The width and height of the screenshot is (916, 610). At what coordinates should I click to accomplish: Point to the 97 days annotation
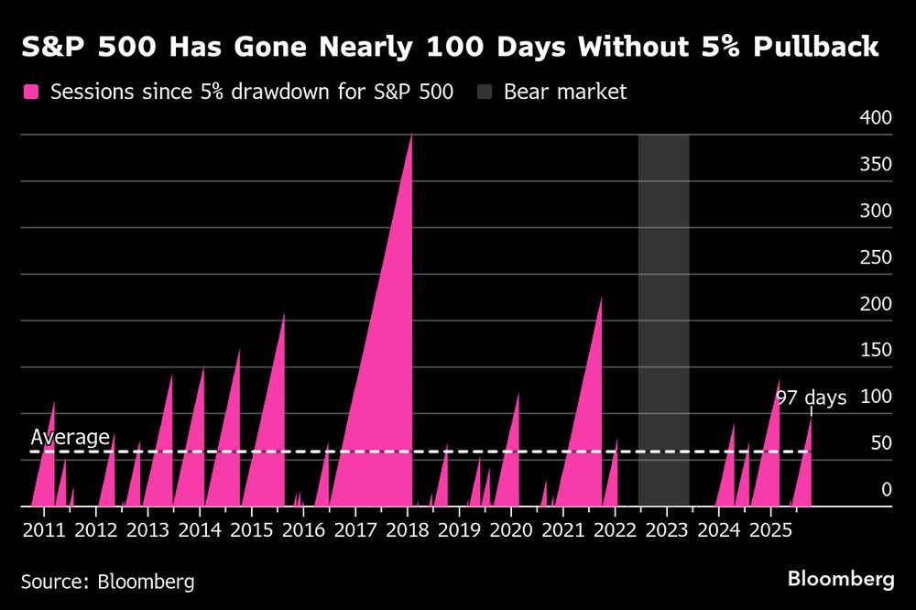pos(811,398)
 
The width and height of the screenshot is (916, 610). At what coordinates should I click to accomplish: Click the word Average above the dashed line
pos(70,438)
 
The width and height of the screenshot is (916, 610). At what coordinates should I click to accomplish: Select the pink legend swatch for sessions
pos(31,92)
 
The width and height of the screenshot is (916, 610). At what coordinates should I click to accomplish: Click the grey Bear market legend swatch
pos(484,92)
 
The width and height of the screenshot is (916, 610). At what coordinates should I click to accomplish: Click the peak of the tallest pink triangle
pos(410,136)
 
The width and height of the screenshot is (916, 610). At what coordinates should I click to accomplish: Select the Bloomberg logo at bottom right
pos(841,579)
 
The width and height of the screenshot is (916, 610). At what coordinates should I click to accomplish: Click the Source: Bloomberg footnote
pos(107,582)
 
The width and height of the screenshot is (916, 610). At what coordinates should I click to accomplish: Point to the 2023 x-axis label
pos(667,529)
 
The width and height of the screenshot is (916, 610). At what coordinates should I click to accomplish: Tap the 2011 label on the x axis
pos(44,529)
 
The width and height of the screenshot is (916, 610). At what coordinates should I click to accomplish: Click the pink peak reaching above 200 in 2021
pos(601,299)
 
